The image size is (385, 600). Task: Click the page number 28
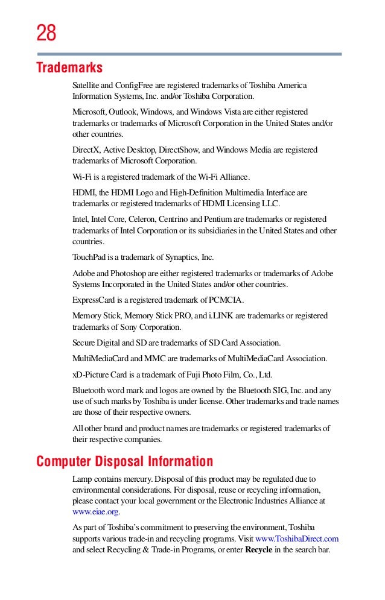(46, 33)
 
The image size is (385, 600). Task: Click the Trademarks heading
(69, 66)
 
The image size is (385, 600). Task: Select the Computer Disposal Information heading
(124, 462)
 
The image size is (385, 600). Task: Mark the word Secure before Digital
(84, 343)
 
